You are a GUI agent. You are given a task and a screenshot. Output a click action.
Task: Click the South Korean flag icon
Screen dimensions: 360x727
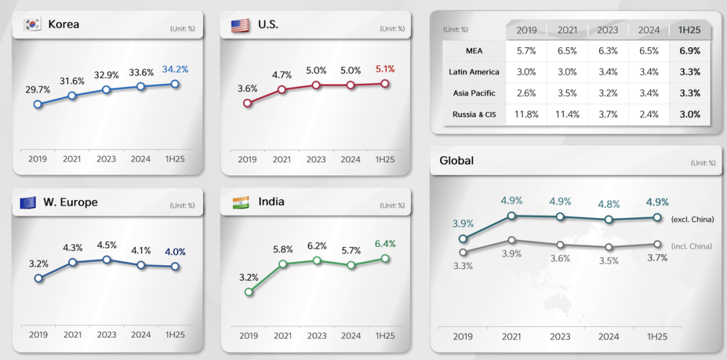tap(32, 25)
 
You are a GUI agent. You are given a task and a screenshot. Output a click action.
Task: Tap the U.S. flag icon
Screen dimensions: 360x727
tap(240, 25)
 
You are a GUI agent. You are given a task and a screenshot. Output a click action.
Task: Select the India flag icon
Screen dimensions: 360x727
tap(240, 202)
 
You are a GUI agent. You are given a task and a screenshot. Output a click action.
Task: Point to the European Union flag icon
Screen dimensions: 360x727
tap(28, 202)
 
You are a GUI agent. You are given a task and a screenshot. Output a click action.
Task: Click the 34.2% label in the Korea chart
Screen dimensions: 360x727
tap(175, 69)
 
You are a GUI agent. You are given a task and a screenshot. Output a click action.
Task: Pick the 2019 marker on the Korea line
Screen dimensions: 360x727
tap(38, 104)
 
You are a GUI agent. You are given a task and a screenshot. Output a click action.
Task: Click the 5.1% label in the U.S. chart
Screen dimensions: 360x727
tap(384, 69)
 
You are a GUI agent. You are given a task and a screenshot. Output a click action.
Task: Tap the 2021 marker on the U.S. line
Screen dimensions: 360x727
tap(282, 89)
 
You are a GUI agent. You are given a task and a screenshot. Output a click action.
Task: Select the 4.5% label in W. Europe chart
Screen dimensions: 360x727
tap(106, 245)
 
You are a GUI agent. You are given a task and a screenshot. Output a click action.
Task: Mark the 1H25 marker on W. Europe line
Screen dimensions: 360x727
tap(175, 266)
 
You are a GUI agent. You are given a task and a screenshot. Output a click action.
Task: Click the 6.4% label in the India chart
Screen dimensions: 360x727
tap(384, 244)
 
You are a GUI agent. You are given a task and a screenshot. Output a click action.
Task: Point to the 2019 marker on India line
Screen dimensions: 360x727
tap(248, 292)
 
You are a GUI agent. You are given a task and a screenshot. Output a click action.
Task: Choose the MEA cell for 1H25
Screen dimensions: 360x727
tap(690, 50)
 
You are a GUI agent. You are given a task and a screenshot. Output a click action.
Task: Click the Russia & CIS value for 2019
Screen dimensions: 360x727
tap(526, 114)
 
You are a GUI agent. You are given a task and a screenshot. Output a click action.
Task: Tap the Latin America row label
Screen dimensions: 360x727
tap(474, 72)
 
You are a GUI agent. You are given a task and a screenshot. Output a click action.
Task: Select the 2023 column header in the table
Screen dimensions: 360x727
tap(608, 30)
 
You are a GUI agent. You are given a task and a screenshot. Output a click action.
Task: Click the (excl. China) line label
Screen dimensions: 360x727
tap(693, 219)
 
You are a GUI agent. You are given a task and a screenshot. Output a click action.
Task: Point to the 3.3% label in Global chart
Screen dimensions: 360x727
tap(462, 266)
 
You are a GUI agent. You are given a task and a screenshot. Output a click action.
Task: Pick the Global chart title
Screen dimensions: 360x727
tap(456, 161)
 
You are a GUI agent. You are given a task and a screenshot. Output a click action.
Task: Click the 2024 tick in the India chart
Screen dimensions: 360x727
tap(350, 335)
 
